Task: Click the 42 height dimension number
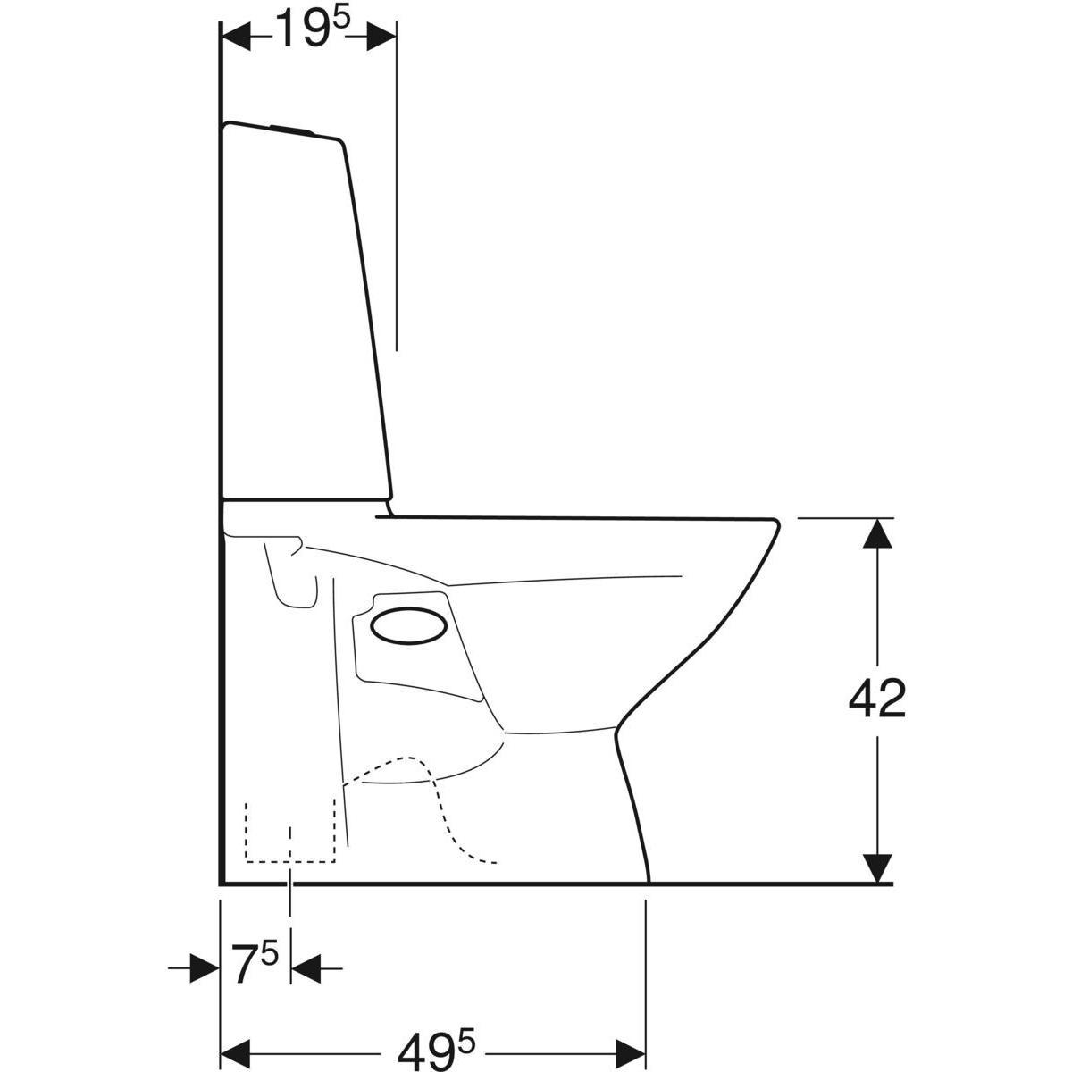(876, 699)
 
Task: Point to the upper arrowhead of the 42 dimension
(879, 534)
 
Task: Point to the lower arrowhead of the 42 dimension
(879, 867)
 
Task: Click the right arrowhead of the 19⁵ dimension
(381, 36)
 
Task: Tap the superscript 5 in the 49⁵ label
(466, 1008)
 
